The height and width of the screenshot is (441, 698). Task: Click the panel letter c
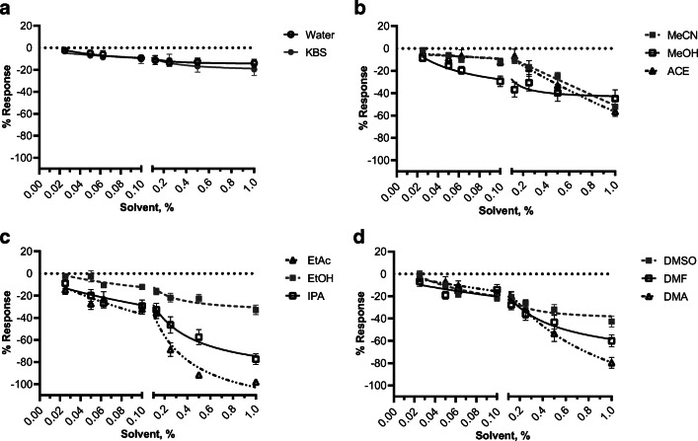tap(7, 233)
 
